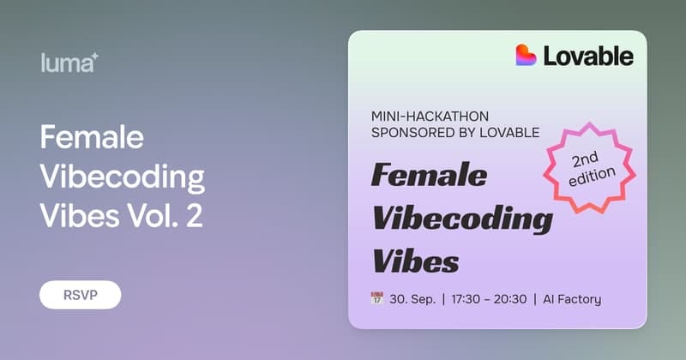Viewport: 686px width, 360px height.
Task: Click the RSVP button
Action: click(x=80, y=295)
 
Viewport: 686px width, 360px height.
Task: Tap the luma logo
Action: click(x=69, y=63)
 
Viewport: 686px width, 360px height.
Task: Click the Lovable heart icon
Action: click(x=526, y=55)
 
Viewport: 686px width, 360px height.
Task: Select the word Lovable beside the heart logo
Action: click(x=588, y=56)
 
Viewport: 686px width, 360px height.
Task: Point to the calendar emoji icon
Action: click(x=376, y=298)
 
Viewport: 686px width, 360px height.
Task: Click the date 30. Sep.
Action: click(x=412, y=299)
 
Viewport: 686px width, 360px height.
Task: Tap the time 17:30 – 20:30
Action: click(x=489, y=299)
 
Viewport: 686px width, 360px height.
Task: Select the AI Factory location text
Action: click(x=572, y=299)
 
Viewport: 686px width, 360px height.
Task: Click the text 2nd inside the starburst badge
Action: click(x=585, y=159)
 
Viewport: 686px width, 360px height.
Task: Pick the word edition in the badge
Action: click(x=592, y=177)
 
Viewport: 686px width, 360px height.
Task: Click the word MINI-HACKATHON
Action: click(x=430, y=117)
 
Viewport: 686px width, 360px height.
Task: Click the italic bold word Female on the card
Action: click(x=429, y=175)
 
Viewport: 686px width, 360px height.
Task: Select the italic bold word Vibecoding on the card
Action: click(x=462, y=219)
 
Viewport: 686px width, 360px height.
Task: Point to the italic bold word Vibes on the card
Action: click(x=415, y=261)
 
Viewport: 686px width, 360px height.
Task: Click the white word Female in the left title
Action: click(x=92, y=137)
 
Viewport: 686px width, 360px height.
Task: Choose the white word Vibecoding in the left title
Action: click(x=123, y=177)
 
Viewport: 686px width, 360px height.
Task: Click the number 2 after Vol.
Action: click(x=195, y=216)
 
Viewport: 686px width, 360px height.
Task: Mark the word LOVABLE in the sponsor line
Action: click(x=509, y=133)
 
